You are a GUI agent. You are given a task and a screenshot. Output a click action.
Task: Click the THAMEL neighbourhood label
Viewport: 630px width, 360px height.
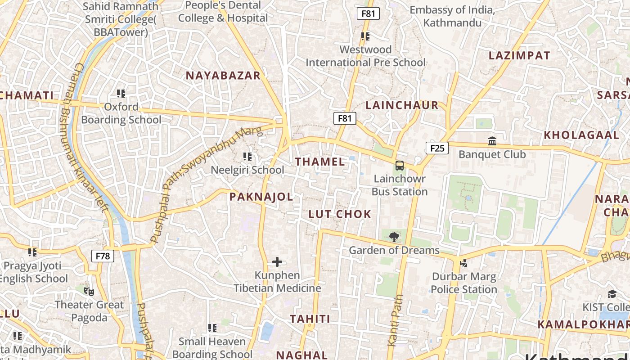click(320, 162)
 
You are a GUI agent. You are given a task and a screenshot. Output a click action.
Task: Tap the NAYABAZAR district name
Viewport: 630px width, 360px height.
click(223, 76)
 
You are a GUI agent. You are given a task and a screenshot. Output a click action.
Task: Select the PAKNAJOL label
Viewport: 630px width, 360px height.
click(261, 197)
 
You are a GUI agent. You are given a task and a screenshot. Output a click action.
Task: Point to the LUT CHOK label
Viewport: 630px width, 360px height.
click(340, 214)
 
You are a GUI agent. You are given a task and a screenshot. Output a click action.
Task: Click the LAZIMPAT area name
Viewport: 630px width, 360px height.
click(519, 56)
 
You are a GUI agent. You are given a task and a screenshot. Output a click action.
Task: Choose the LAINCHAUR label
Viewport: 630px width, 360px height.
click(402, 105)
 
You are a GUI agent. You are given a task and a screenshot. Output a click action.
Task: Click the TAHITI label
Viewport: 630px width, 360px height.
click(310, 319)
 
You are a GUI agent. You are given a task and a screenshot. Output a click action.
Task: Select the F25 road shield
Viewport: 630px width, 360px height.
click(437, 148)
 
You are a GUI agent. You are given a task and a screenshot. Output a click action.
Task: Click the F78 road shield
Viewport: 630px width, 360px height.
click(103, 256)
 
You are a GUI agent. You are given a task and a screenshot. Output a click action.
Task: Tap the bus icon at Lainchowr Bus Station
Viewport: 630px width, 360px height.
click(400, 166)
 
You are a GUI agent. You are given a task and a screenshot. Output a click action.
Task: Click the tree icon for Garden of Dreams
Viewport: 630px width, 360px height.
click(394, 237)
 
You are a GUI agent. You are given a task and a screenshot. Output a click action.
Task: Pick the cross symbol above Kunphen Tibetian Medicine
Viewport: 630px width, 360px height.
click(277, 262)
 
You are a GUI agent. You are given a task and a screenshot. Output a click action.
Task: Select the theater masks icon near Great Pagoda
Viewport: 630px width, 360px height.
click(89, 292)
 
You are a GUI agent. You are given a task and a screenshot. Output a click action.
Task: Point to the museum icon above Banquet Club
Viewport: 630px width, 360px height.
click(492, 141)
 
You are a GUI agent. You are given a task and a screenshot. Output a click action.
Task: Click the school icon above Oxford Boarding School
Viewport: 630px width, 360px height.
click(121, 94)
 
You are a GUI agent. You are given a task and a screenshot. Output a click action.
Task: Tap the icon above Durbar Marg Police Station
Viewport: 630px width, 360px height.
click(464, 263)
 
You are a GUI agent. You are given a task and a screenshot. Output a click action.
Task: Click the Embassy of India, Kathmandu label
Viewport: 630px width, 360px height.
click(452, 16)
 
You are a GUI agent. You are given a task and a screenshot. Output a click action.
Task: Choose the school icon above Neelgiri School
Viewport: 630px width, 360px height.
click(247, 157)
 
